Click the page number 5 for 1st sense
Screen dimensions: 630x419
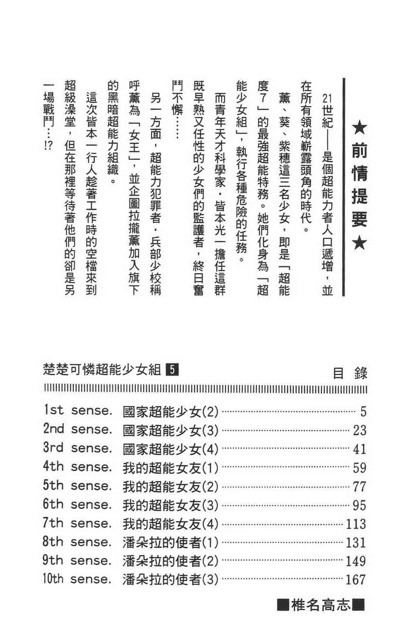(363, 411)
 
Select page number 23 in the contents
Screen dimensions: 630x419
(359, 430)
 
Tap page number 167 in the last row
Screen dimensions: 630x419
(356, 579)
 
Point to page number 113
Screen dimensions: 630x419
(356, 524)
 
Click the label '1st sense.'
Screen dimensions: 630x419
(78, 411)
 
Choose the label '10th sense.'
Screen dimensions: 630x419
(77, 579)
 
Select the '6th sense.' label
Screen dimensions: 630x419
(78, 504)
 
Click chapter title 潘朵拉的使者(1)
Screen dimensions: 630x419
(170, 542)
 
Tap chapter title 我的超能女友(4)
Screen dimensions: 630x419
(170, 524)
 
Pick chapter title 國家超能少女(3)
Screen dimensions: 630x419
(170, 430)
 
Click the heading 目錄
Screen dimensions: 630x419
(350, 373)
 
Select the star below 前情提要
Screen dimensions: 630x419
(359, 243)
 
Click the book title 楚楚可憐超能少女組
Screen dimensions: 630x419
(102, 370)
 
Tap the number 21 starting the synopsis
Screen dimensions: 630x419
(327, 99)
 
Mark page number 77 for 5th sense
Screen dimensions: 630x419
(359, 486)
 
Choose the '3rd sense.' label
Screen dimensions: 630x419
(78, 448)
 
